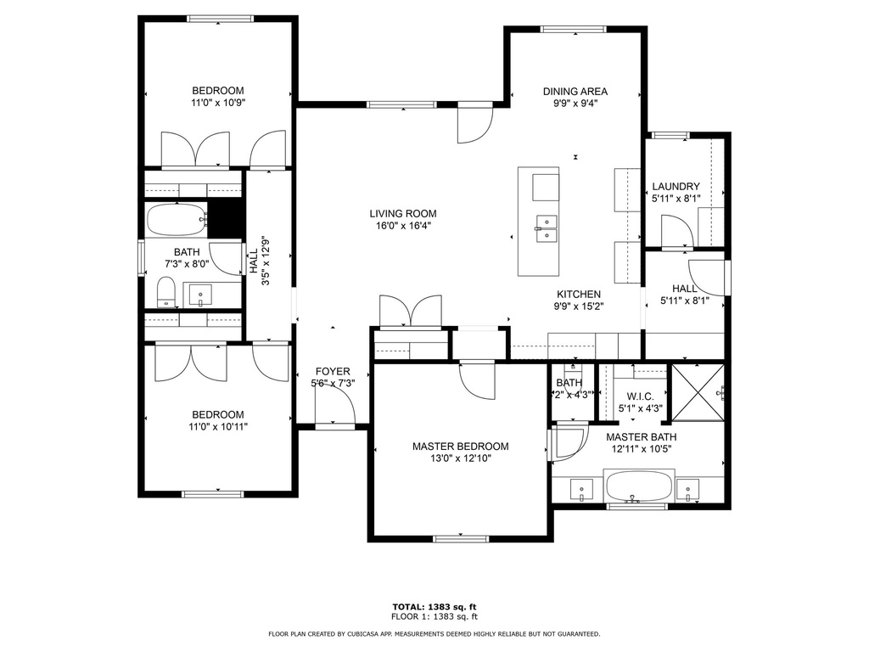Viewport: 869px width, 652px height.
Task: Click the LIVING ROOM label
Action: coord(403,213)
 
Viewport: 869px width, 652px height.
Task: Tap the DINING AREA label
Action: coord(575,92)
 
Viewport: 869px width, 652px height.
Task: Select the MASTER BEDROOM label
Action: coord(461,447)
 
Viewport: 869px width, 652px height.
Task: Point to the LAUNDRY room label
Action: coord(676,186)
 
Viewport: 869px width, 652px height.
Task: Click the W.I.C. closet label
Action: coord(640,397)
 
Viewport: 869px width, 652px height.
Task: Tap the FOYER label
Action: coord(333,372)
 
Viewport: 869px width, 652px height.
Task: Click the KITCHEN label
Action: coord(579,295)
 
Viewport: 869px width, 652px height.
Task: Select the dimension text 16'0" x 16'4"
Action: coord(403,226)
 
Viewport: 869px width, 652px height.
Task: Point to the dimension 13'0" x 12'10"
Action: coord(461,458)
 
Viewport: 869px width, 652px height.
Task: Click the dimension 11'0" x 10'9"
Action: coord(218,103)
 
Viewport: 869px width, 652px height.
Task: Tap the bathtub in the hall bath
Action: coord(176,220)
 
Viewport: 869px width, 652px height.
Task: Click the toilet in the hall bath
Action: coord(165,292)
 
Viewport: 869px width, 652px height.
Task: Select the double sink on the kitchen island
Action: coord(546,229)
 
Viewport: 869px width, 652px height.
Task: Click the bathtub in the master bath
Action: coord(640,486)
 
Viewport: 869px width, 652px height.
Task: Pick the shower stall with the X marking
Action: coord(698,392)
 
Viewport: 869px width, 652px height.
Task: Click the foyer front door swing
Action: coord(335,407)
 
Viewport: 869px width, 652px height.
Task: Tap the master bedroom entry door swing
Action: coord(477,379)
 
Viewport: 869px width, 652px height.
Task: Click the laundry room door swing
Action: coord(677,233)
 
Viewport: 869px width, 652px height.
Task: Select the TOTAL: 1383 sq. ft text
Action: coord(434,607)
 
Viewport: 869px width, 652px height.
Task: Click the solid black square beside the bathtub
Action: coord(226,218)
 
